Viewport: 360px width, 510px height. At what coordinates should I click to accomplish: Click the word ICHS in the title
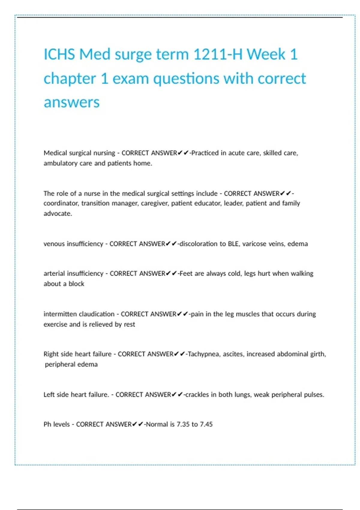tap(59, 55)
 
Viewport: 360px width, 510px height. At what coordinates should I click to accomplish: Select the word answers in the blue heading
tap(71, 102)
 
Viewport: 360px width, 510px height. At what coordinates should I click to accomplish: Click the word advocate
tap(58, 214)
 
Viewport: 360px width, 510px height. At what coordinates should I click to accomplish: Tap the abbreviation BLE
tap(233, 244)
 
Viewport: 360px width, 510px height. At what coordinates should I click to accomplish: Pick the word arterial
tap(54, 274)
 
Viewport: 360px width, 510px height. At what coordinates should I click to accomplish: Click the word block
tap(76, 284)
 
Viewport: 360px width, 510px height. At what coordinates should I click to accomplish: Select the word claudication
tap(96, 314)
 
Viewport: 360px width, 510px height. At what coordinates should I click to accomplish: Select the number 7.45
tap(206, 424)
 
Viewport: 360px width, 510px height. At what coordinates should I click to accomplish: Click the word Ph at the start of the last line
tap(47, 424)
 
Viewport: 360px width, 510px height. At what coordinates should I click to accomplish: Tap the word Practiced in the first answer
tap(205, 153)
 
